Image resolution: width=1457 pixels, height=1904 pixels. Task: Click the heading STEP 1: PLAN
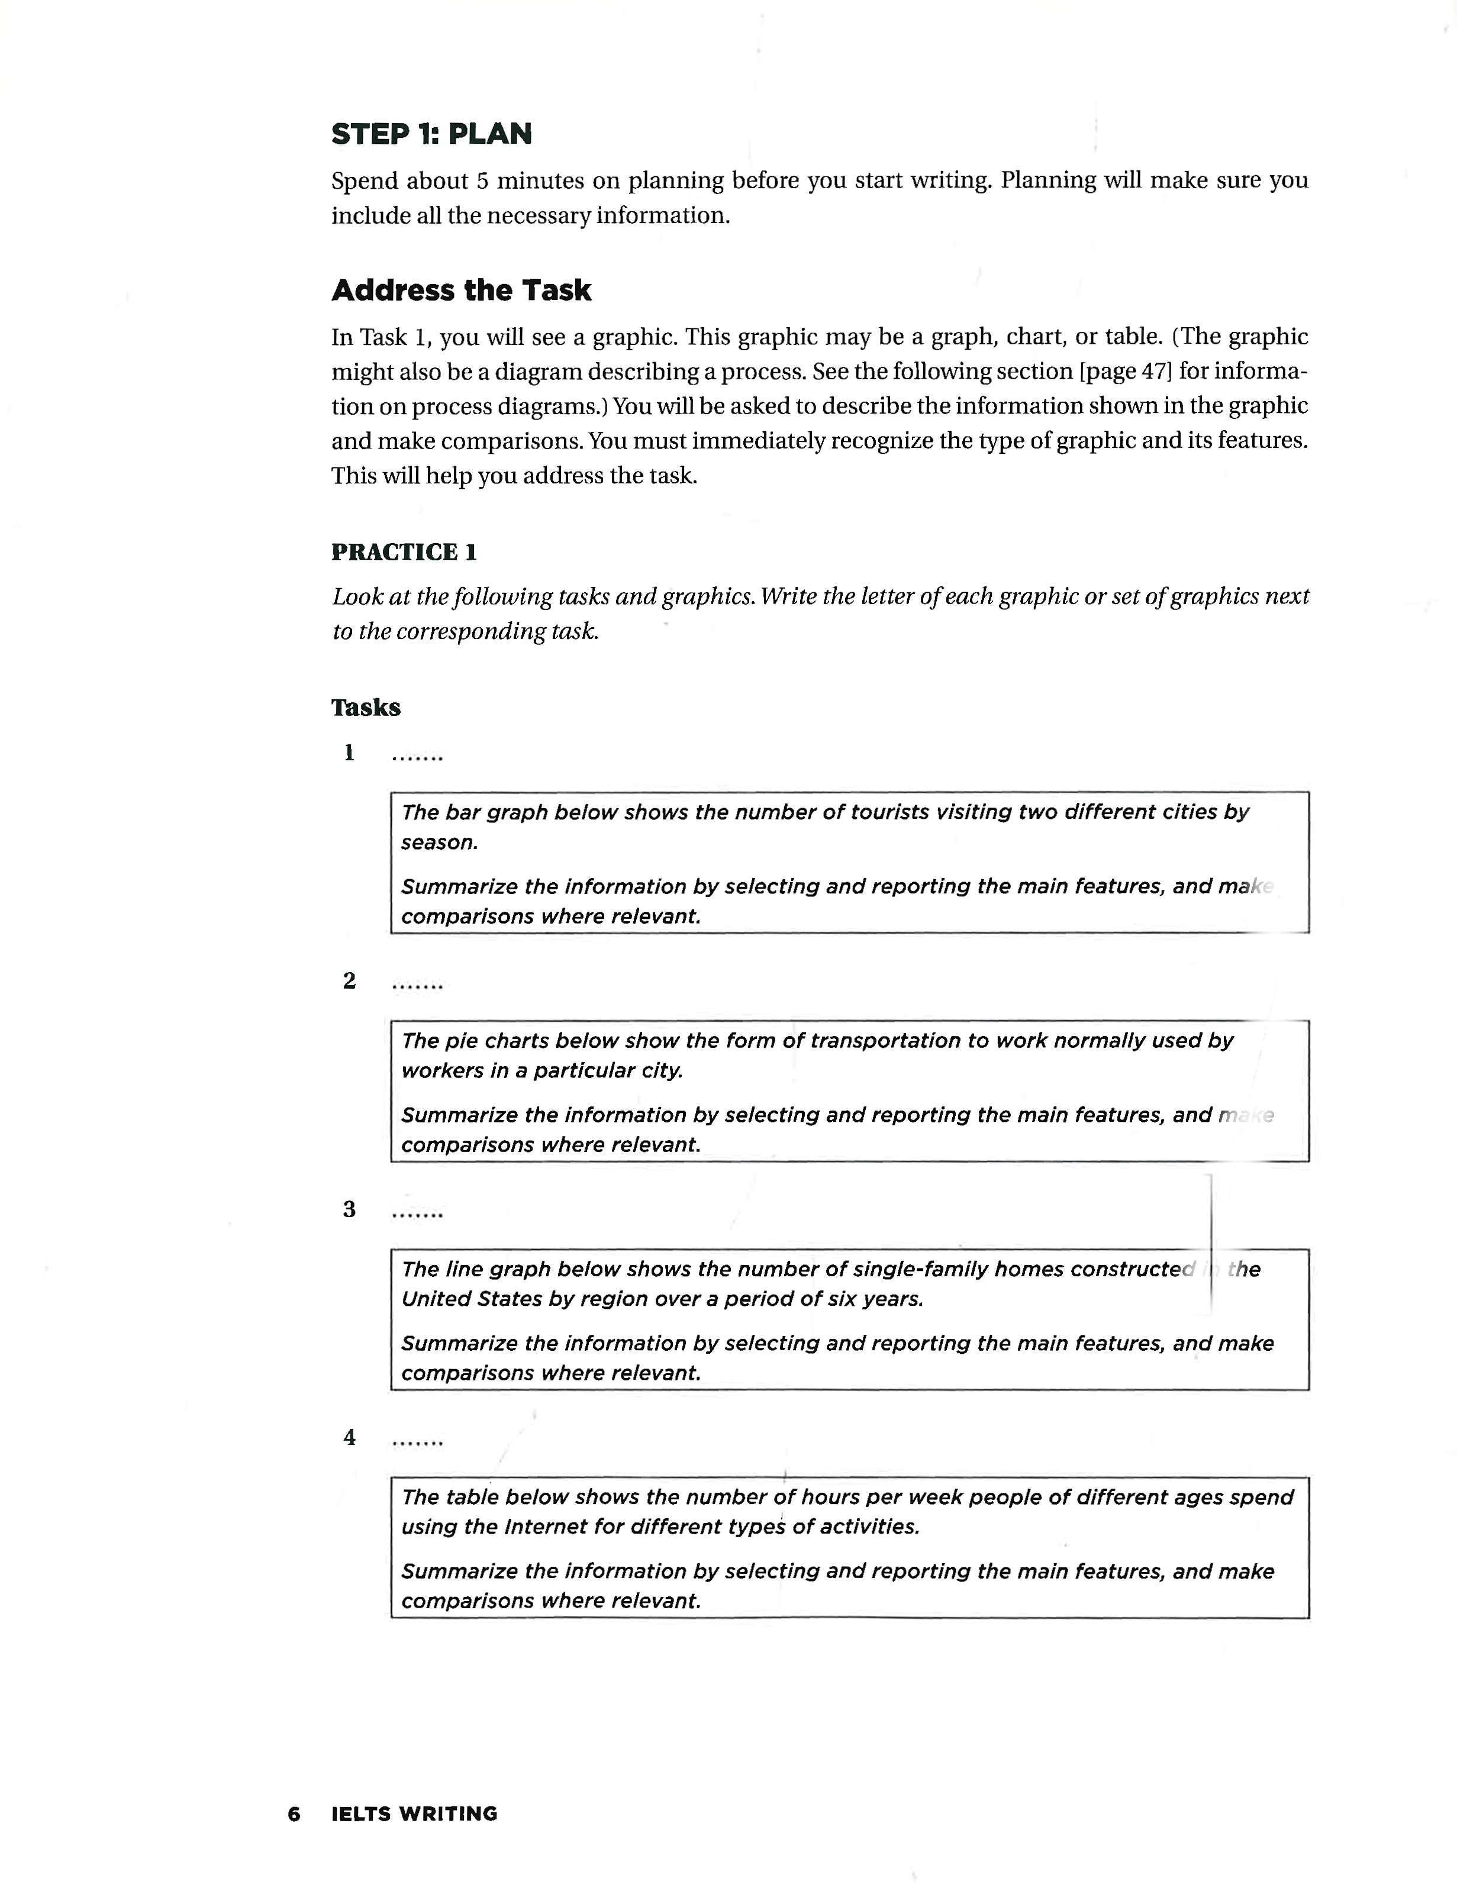(431, 134)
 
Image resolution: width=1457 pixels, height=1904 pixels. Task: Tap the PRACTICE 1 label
(403, 552)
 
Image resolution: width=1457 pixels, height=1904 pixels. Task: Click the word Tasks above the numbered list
(365, 708)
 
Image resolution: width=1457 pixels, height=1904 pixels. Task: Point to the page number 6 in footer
(294, 1814)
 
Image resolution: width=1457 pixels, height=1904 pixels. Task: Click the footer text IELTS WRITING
(414, 1814)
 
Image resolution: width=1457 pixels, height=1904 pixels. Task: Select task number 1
(349, 753)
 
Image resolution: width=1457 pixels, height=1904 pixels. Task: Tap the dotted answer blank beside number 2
(417, 985)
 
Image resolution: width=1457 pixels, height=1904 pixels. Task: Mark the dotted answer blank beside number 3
(417, 1214)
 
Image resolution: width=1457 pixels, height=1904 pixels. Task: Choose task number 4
(349, 1438)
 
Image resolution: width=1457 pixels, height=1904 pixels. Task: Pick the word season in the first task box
(437, 843)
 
